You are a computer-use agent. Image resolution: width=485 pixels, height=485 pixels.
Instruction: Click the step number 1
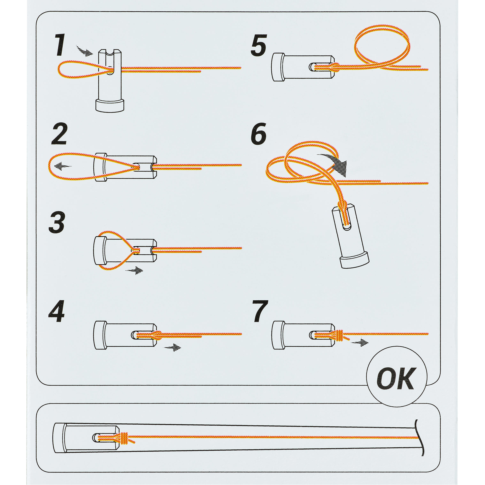pos(60,45)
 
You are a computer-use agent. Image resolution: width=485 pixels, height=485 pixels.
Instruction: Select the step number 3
pos(57,222)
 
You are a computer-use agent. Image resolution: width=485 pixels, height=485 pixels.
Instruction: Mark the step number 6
pos(259,134)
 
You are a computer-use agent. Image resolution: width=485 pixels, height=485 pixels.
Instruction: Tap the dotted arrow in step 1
pos(85,51)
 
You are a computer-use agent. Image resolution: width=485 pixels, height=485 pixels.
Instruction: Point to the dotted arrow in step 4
pos(173,348)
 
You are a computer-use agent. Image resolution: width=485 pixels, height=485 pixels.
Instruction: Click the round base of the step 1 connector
pos(110,106)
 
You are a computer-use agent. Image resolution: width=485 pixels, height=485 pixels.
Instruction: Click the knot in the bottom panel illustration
pos(123,438)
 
